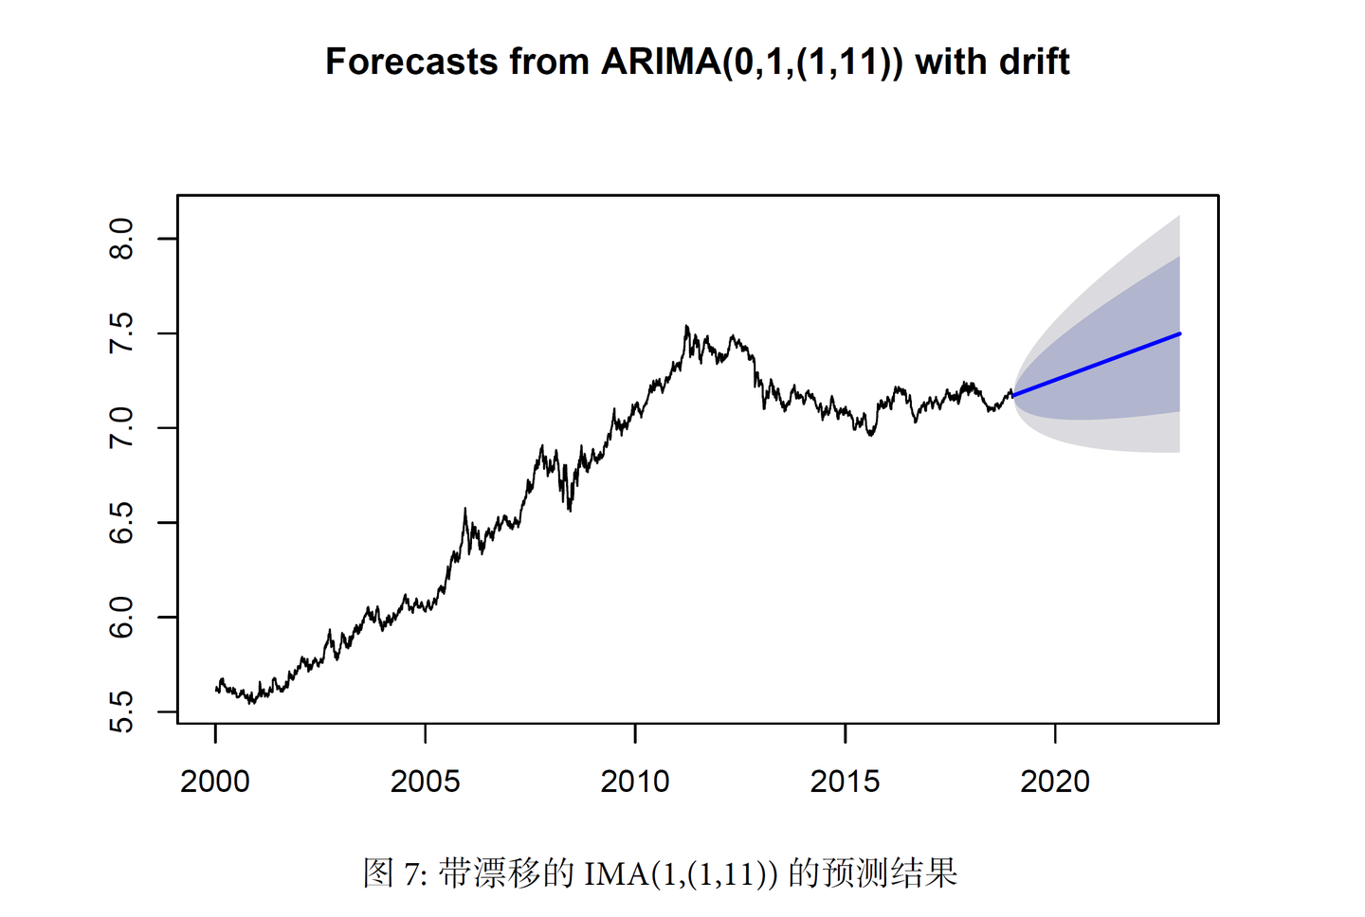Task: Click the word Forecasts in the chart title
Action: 410,62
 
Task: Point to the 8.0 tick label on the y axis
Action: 121,239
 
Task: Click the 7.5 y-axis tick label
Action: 121,333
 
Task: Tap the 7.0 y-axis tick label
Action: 121,428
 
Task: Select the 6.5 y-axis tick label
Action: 121,523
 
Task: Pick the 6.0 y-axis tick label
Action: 121,618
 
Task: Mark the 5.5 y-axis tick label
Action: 121,712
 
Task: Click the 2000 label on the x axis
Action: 215,782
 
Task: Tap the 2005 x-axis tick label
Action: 425,782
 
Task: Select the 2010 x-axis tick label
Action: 635,782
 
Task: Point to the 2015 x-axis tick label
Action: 845,782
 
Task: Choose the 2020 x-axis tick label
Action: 1055,782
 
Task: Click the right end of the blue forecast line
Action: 1179,333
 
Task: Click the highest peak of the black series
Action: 686,327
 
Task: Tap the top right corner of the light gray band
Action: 1178,217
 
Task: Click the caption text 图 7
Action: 395,872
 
